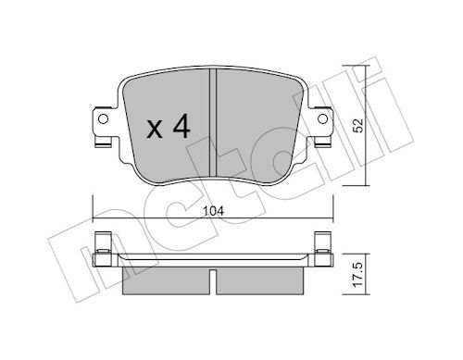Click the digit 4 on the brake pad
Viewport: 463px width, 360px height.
(x=181, y=128)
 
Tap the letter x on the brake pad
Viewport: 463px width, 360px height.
(x=155, y=130)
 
